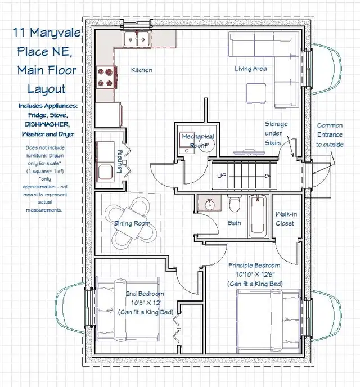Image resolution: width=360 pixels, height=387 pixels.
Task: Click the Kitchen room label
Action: point(142,70)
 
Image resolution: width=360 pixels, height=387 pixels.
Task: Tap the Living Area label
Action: point(250,69)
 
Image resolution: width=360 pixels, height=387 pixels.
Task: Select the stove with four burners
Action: point(105,78)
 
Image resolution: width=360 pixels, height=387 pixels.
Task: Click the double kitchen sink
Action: point(137,39)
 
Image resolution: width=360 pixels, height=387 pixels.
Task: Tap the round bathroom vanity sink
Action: point(210,204)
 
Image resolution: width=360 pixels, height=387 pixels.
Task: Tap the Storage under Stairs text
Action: point(276,133)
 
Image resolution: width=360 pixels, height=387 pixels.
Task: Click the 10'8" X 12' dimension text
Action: point(145,303)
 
